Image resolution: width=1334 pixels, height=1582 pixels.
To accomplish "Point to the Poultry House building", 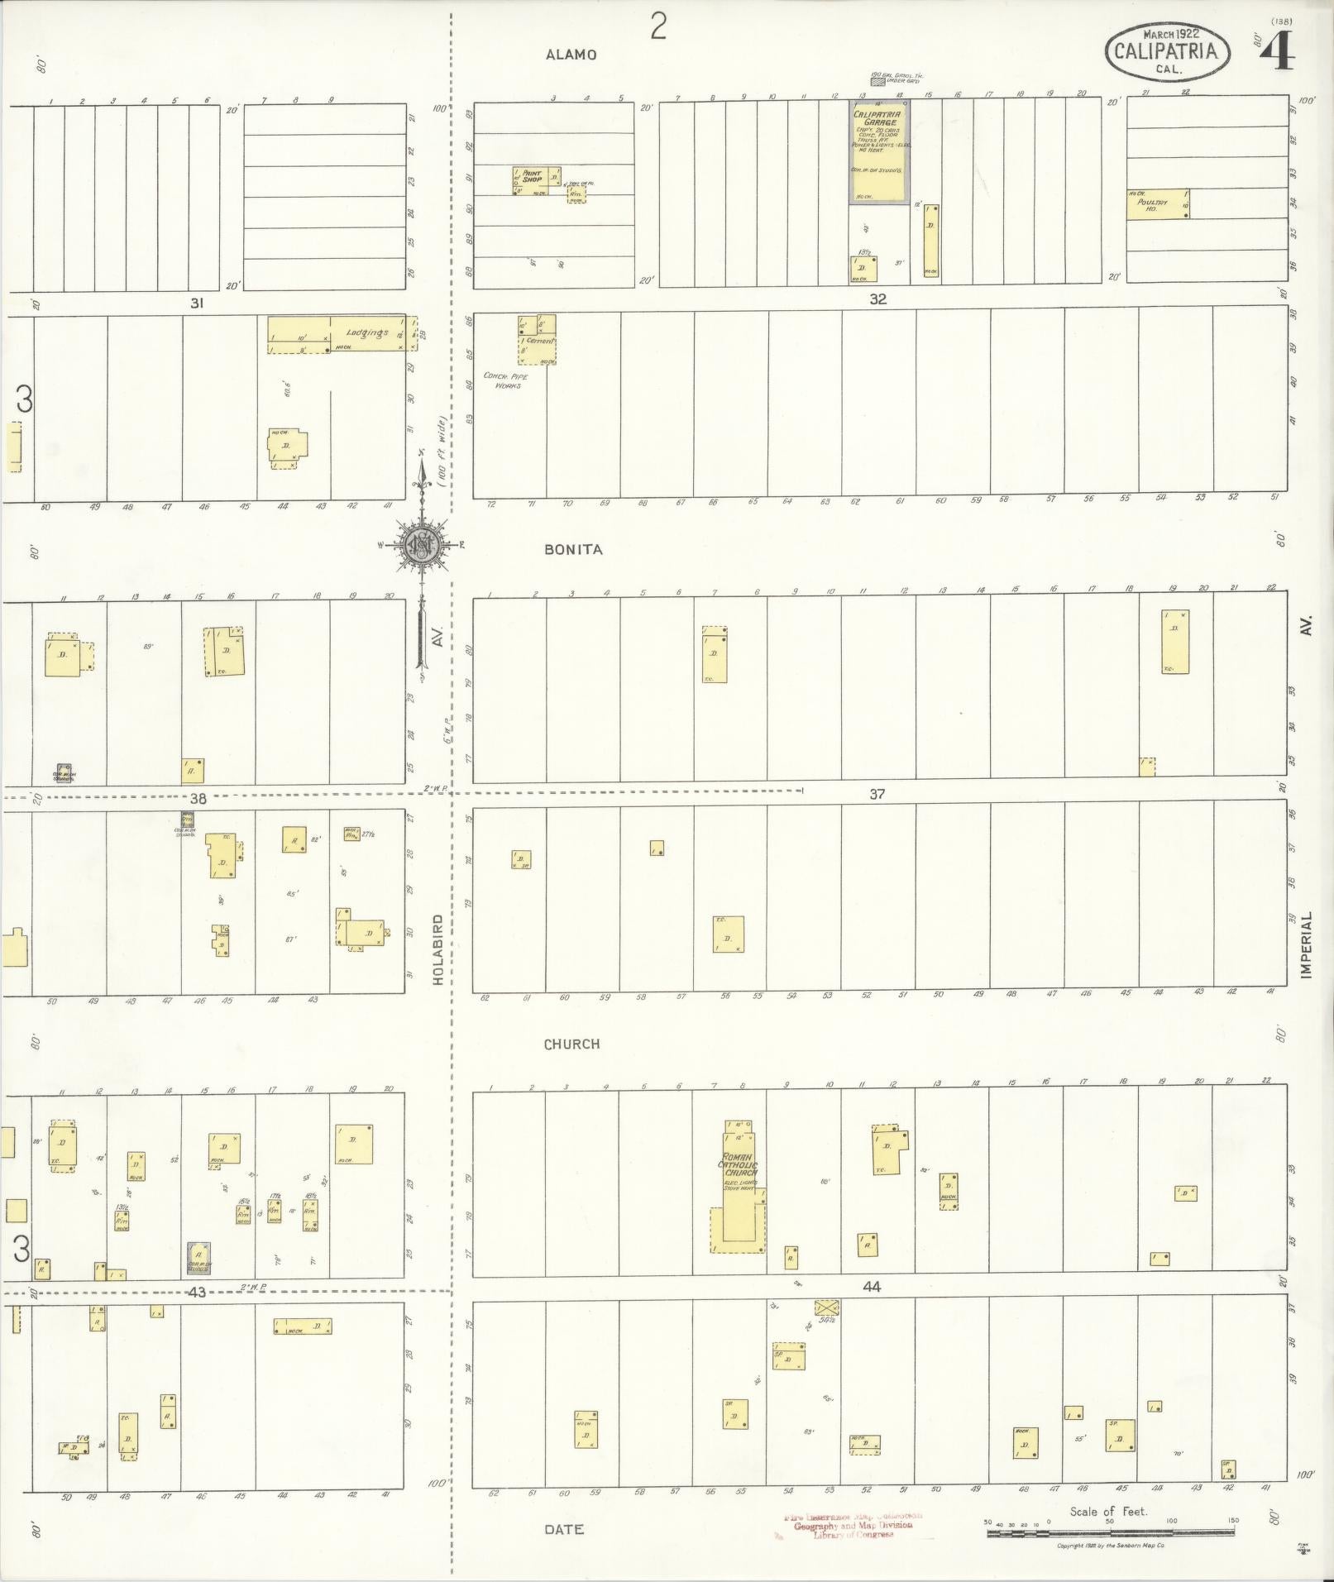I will [1157, 203].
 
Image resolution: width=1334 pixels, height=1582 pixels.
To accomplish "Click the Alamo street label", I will [571, 55].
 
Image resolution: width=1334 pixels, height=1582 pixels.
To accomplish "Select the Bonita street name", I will [573, 549].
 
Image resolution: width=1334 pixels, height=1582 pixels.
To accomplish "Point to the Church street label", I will [571, 1044].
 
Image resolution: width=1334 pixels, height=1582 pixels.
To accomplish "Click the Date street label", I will [564, 1530].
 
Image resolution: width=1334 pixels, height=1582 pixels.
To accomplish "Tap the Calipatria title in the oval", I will [1166, 50].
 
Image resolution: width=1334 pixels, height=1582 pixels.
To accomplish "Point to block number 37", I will [877, 794].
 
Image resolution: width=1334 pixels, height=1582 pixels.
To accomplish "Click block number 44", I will [872, 1287].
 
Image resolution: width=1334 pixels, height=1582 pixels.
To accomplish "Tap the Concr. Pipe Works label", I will [505, 380].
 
